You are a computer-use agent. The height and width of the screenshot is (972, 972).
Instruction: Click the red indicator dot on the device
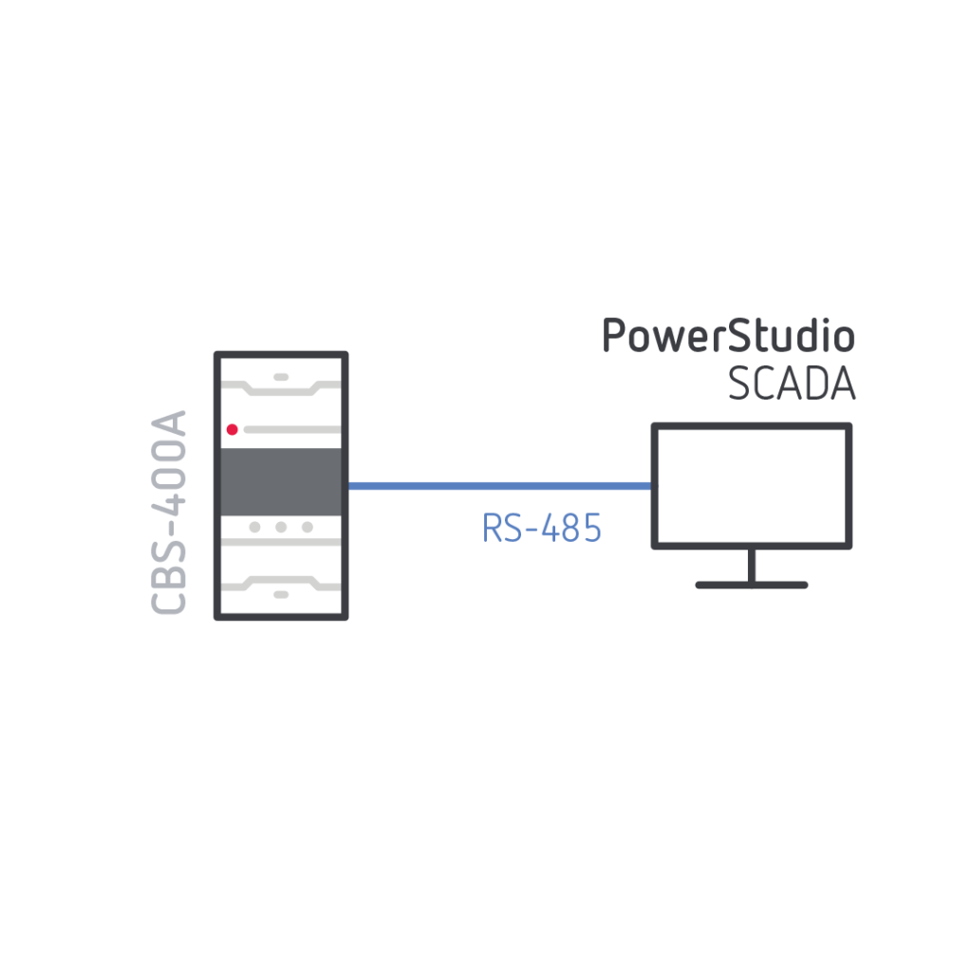pos(232,430)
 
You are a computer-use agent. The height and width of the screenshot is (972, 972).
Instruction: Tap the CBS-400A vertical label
pos(171,513)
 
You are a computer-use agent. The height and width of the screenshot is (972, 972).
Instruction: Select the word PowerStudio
pos(728,337)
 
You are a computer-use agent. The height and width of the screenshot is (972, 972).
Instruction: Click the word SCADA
pos(792,383)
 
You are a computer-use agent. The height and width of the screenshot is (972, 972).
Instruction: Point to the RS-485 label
pos(542,529)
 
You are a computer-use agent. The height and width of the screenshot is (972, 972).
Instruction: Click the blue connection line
pos(499,486)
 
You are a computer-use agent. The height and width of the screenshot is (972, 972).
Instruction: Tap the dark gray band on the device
pos(281,480)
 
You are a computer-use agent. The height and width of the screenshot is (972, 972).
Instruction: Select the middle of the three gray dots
pos(281,527)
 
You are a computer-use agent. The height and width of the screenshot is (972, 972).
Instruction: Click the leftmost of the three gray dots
pos(254,527)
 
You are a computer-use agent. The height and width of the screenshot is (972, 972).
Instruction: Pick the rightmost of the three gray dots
pos(308,527)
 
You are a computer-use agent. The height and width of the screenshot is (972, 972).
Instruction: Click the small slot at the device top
pos(281,377)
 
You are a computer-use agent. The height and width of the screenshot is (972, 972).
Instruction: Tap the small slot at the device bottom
pos(281,594)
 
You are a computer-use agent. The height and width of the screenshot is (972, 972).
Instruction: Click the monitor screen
pos(751,485)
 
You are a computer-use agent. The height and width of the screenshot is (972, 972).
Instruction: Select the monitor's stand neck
pos(751,565)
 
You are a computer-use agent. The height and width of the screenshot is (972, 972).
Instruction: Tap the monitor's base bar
pos(751,585)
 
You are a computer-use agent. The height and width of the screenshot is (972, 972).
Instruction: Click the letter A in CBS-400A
pos(171,424)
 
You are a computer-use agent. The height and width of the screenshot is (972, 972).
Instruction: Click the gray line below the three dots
pos(281,543)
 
